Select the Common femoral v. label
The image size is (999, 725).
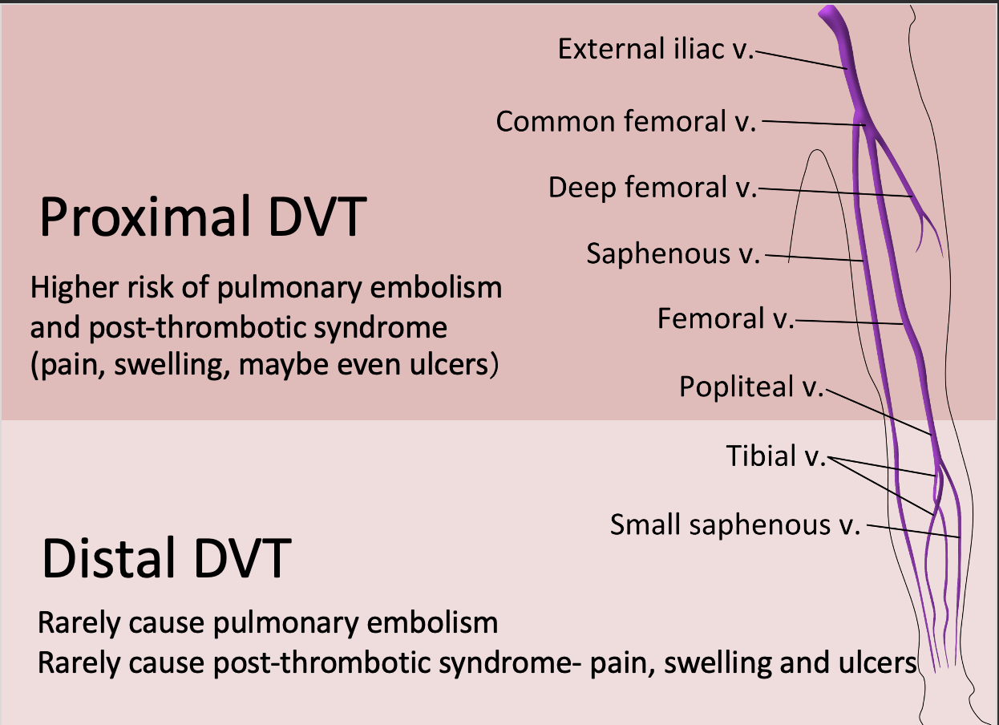tap(626, 122)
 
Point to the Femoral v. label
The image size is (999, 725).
tap(725, 319)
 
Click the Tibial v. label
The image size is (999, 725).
tap(775, 456)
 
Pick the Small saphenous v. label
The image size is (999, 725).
tap(734, 525)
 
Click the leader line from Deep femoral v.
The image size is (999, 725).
tap(834, 192)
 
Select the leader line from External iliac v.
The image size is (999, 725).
tap(802, 61)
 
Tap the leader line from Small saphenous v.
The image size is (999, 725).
tap(914, 532)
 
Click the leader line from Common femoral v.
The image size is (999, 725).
tap(810, 123)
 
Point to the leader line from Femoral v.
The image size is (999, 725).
tap(850, 322)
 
